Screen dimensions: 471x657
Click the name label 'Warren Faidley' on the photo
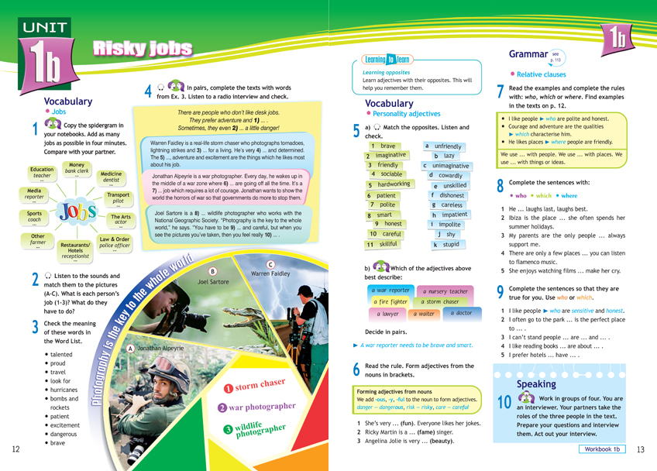click(271, 274)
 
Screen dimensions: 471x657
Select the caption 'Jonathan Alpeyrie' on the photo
click(160, 349)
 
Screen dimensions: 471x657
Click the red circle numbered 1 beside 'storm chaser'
click(228, 387)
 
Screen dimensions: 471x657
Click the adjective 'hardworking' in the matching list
click(389, 184)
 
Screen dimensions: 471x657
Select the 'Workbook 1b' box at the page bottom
click(604, 449)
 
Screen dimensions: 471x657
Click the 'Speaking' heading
click(536, 384)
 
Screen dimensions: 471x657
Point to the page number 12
click(15, 449)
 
